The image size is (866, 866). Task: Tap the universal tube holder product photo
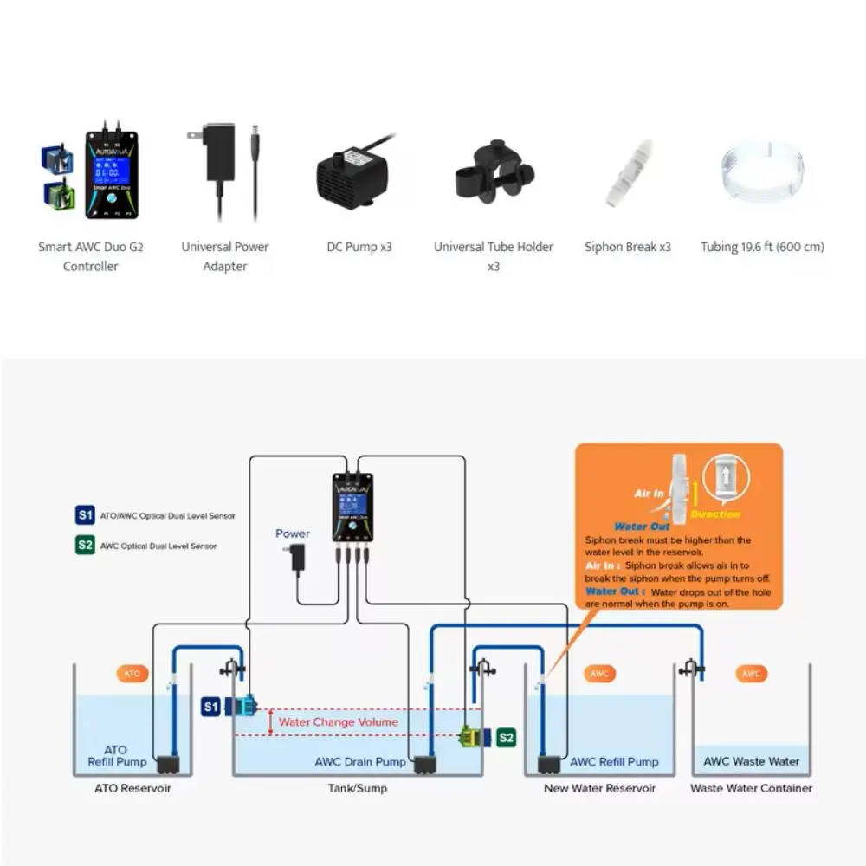coord(493,172)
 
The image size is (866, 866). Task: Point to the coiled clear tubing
coord(762,174)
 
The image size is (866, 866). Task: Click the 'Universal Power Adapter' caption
coord(225,256)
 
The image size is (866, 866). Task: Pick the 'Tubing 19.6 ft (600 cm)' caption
coord(762,247)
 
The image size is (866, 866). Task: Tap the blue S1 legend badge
coord(84,515)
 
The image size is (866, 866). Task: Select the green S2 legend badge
coord(84,546)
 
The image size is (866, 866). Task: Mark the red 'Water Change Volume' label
coord(338,722)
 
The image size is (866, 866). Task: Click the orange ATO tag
coord(132,673)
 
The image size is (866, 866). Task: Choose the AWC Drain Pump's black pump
coord(424,766)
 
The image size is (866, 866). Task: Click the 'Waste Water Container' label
coord(751,788)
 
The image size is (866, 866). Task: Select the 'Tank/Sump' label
coord(358,788)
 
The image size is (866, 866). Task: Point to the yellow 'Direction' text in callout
coord(715,514)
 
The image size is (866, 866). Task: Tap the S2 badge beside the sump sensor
coord(506,738)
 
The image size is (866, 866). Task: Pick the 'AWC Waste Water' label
coord(751,761)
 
